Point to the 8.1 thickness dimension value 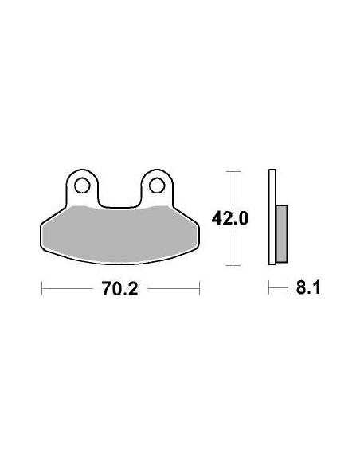click(307, 288)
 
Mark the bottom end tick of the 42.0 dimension click(232, 264)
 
